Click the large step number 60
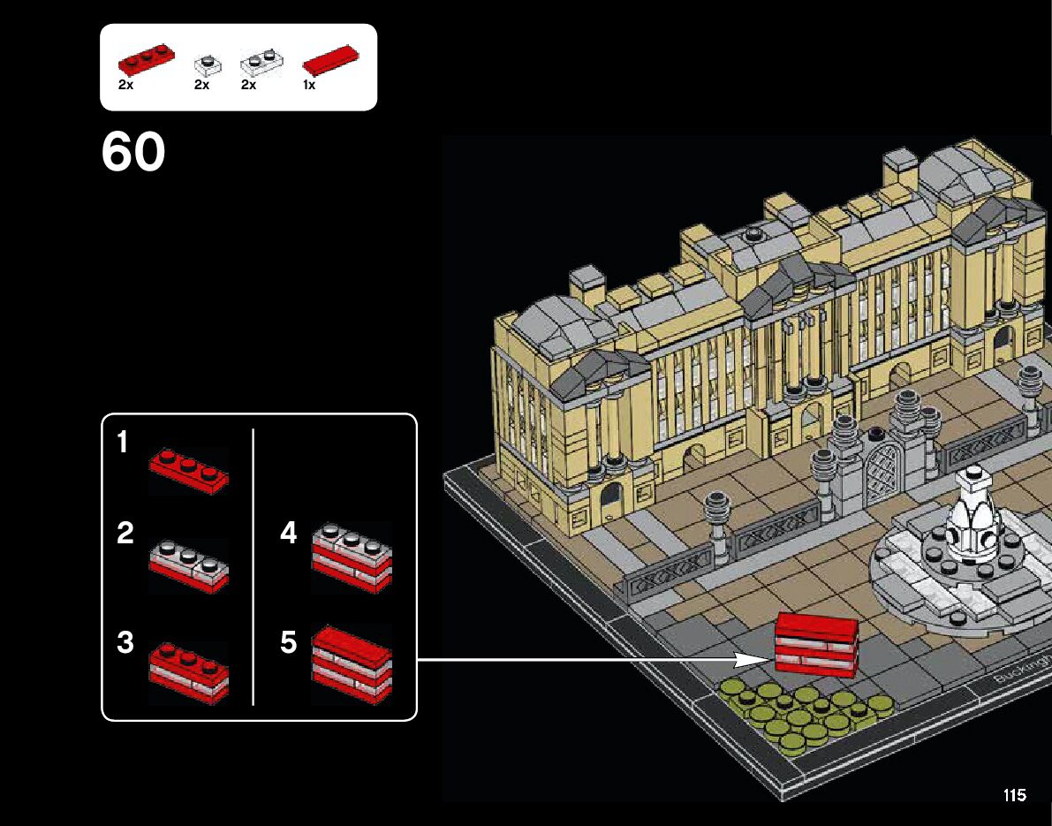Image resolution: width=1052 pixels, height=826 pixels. click(133, 153)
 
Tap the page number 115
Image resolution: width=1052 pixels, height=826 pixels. click(1015, 796)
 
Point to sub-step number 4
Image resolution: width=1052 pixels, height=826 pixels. click(289, 534)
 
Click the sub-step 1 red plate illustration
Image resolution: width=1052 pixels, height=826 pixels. click(188, 467)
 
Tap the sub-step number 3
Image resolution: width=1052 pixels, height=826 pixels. click(125, 642)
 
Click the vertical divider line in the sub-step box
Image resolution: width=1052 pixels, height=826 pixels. click(254, 565)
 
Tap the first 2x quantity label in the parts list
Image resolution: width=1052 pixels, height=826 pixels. click(125, 86)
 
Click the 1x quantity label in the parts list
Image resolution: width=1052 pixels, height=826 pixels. click(309, 86)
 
